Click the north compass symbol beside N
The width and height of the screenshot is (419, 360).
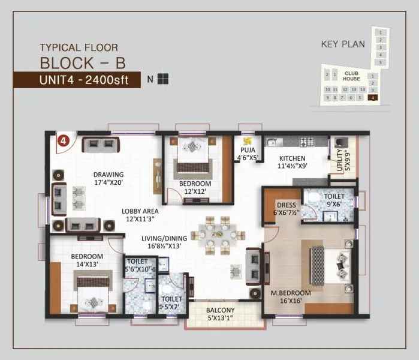(x=164, y=79)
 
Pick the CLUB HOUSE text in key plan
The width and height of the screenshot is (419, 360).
(x=352, y=76)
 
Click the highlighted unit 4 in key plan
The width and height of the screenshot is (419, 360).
(x=373, y=97)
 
